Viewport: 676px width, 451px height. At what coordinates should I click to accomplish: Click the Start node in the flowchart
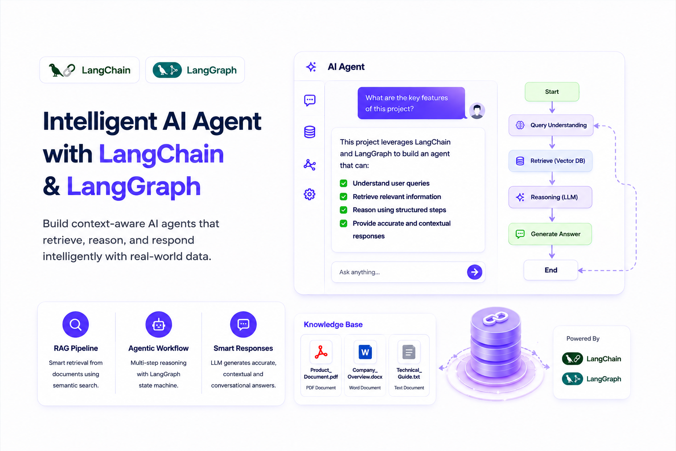[552, 92]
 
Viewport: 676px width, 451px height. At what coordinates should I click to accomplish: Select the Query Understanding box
[551, 125]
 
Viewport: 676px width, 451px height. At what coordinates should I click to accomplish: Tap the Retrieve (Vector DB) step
[551, 161]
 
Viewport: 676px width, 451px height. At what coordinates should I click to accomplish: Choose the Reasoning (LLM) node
[550, 197]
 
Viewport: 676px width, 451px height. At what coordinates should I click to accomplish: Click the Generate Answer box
[550, 234]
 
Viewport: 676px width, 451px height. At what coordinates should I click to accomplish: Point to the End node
[551, 270]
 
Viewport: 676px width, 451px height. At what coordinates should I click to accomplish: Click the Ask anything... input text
[360, 272]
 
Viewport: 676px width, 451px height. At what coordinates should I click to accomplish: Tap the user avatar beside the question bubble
[477, 111]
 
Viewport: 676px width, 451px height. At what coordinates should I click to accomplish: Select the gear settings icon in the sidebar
[309, 194]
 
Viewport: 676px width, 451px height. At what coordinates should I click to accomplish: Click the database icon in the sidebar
[310, 132]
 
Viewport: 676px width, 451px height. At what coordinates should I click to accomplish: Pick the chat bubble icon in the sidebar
[310, 100]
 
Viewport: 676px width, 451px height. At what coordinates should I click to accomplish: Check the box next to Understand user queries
[343, 183]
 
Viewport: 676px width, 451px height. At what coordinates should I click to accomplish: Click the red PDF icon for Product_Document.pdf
[321, 352]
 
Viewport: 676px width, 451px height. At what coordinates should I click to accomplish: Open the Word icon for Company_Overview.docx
[365, 352]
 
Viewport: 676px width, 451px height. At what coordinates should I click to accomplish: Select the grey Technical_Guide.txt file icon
[409, 352]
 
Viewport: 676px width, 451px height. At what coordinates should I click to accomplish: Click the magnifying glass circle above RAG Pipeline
[75, 325]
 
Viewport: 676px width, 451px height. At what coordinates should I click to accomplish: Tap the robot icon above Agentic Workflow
[159, 325]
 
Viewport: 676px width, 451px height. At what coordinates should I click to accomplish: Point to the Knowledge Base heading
[333, 325]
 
